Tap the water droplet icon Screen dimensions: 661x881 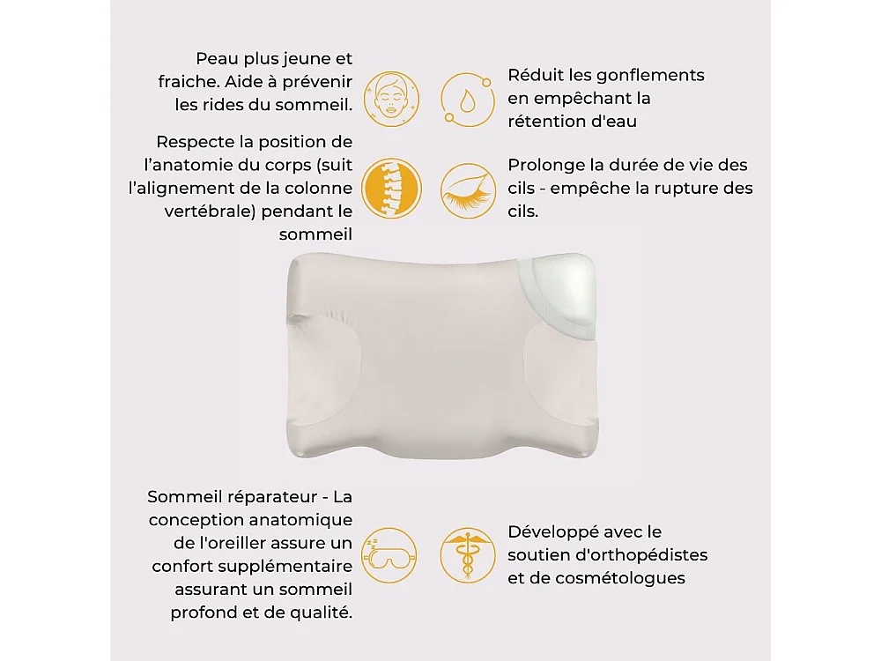pos(467,97)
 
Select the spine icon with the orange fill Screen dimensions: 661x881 pos(391,189)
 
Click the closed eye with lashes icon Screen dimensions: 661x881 pos(467,189)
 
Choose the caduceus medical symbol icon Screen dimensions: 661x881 pos(467,555)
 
